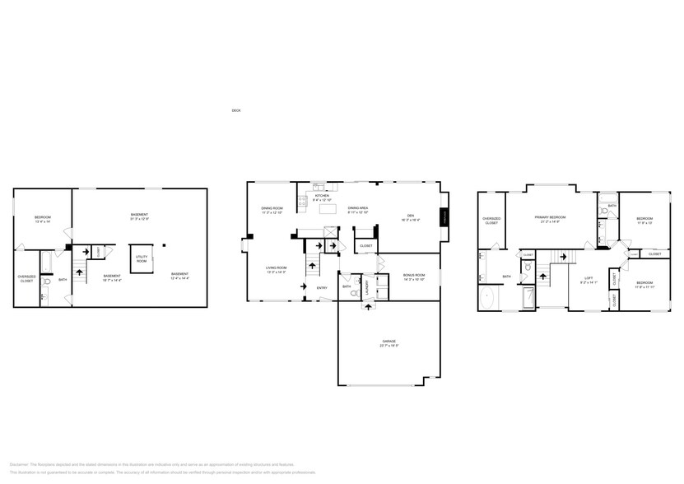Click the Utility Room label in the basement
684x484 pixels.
pyautogui.click(x=142, y=258)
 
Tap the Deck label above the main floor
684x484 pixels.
pyautogui.click(x=236, y=110)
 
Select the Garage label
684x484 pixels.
pyautogui.click(x=389, y=341)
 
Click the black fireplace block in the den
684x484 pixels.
pyautogui.click(x=444, y=217)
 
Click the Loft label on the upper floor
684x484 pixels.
pyautogui.click(x=589, y=277)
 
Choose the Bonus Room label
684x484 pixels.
pyautogui.click(x=413, y=275)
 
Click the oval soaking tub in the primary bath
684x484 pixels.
pyautogui.click(x=487, y=298)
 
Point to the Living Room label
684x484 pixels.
pyautogui.click(x=275, y=268)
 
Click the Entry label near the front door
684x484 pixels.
pyautogui.click(x=322, y=287)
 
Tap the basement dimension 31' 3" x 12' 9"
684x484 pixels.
pyautogui.click(x=139, y=219)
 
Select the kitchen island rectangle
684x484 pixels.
pyautogui.click(x=328, y=209)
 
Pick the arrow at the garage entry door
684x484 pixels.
pyautogui.click(x=368, y=307)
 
